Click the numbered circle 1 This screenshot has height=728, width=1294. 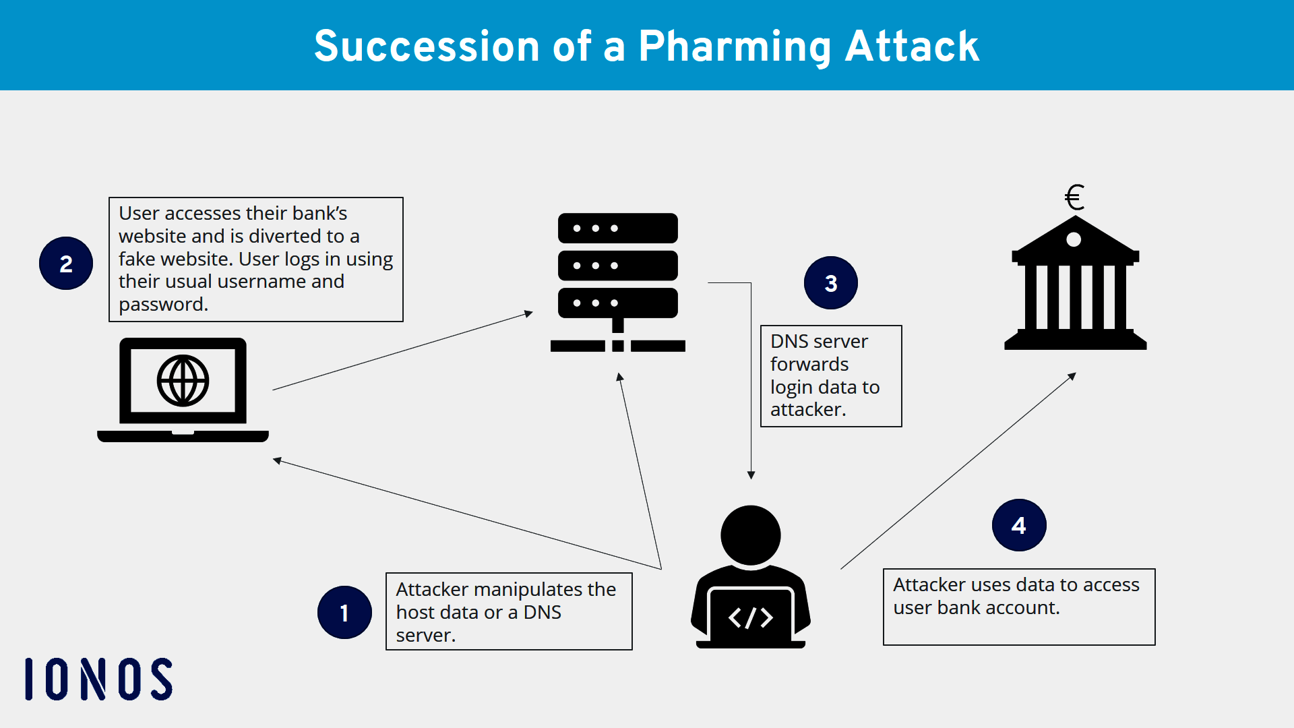coord(344,612)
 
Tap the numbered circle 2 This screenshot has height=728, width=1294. coord(66,264)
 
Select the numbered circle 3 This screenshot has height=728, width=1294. coord(830,283)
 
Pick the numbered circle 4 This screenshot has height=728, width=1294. coord(1018,525)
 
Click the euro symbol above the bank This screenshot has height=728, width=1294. coord(1074,198)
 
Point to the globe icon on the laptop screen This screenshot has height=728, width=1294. coord(183,381)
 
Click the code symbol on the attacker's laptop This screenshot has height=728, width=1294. coord(750,617)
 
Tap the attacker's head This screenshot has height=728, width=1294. coord(750,535)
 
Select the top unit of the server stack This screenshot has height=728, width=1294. coord(617,229)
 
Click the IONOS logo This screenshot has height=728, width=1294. coord(99,679)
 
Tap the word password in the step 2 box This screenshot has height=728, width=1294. coord(162,305)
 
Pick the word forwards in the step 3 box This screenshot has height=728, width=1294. coord(809,365)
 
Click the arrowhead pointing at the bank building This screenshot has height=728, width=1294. coord(1072,376)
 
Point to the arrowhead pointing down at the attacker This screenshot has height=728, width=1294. coord(751,475)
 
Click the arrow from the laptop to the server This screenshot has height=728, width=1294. coord(402,351)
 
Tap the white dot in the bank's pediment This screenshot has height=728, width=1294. coord(1074,239)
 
